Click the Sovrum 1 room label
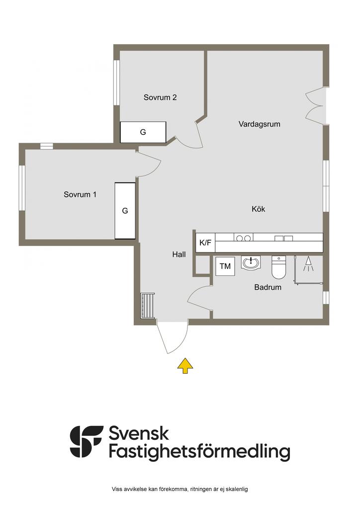80,194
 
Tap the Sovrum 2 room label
160,97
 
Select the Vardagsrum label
260,124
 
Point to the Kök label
259,209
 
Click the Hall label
179,254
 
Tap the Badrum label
268,287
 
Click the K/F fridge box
205,243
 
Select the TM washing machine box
225,266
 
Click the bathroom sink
251,262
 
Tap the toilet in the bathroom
278,267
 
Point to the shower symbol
308,264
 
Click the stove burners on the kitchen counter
244,238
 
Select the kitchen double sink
284,238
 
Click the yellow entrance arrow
185,365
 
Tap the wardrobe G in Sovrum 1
125,211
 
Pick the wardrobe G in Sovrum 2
143,132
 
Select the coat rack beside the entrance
148,306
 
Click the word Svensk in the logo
139,433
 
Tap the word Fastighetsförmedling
199,452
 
